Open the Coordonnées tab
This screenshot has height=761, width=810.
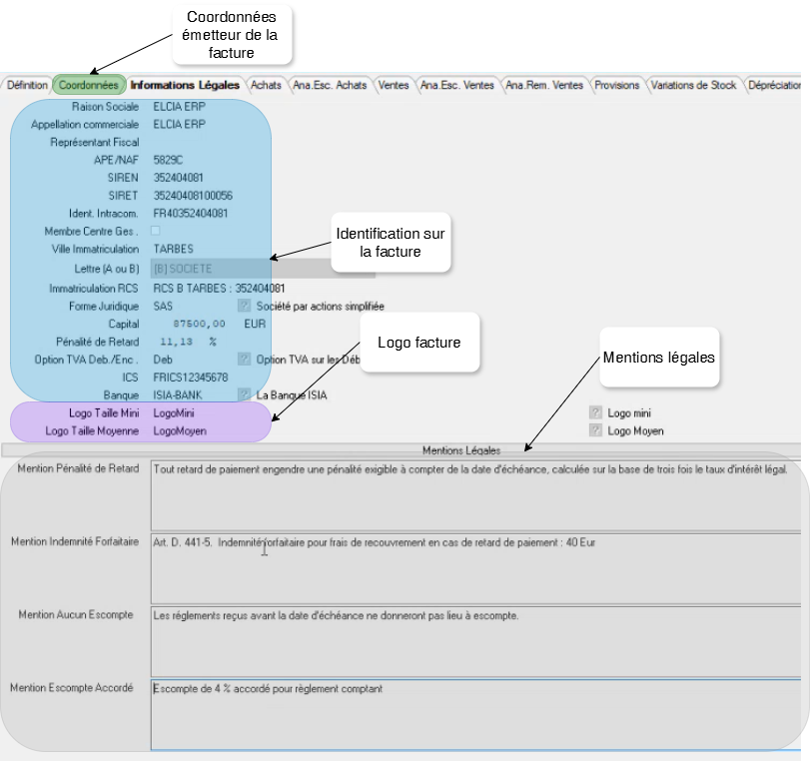pos(89,86)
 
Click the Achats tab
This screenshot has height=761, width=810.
pos(266,86)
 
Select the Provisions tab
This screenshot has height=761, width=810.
pos(616,86)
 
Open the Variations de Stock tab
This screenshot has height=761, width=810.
pos(693,86)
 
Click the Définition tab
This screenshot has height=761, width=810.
pos(27,86)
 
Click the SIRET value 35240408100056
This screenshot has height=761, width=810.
pos(193,195)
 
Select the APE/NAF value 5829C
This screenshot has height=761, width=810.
pos(167,159)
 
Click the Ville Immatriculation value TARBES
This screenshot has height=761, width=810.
pos(173,249)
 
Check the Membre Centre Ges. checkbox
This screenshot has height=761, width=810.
pos(155,231)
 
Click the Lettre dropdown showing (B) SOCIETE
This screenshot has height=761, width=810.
pos(210,269)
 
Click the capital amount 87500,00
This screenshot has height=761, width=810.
pos(199,325)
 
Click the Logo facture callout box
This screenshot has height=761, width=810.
pos(418,343)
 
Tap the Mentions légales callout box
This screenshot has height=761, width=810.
pos(658,357)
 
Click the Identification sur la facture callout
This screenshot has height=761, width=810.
pos(391,243)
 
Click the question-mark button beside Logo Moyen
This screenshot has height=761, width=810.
pos(596,430)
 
